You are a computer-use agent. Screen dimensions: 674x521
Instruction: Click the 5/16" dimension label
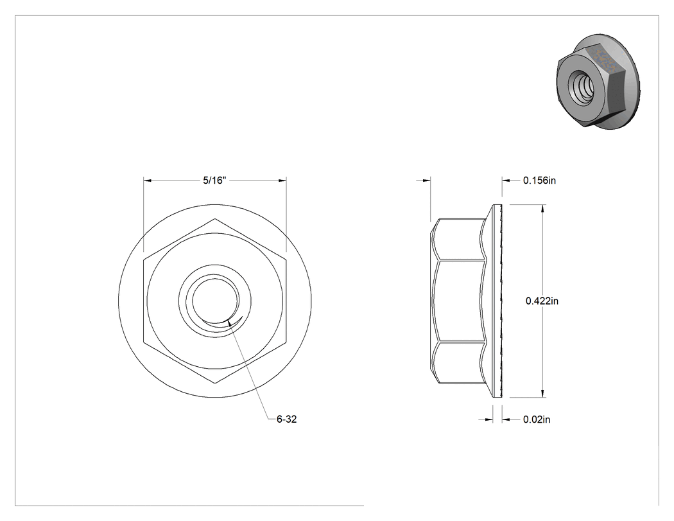tap(214, 181)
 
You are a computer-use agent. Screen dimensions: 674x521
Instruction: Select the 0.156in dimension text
tap(539, 181)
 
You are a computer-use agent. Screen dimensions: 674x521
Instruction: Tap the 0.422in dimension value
tap(542, 301)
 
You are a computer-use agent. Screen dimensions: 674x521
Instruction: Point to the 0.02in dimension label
tap(537, 419)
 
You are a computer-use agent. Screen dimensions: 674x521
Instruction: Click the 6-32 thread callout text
tap(287, 419)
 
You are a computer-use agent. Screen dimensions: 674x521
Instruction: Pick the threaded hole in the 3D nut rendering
tap(582, 85)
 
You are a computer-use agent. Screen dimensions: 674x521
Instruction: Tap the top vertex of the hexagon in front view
tap(215, 219)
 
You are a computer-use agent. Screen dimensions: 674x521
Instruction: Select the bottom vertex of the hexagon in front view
tap(215, 383)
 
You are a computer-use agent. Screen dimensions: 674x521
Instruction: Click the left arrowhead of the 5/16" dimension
tap(148, 181)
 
